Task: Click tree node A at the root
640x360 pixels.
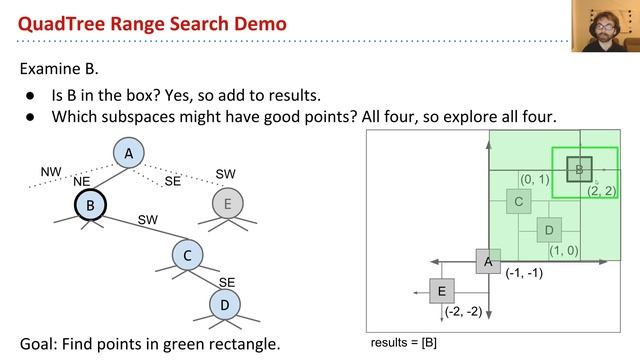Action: click(128, 154)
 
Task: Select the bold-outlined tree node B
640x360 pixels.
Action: click(90, 206)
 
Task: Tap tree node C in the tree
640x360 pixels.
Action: click(187, 255)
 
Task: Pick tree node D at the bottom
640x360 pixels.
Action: click(225, 303)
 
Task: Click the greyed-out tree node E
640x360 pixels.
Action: click(228, 205)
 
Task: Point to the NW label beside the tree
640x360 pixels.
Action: click(51, 172)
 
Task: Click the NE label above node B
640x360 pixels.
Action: click(82, 182)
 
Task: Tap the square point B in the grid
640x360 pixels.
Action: click(579, 170)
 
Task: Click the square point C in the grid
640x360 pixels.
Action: click(518, 202)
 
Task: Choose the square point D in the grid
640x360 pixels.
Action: click(548, 231)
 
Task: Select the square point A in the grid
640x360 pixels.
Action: click(488, 261)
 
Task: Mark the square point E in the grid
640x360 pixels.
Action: click(441, 291)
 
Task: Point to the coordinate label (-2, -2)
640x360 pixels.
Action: click(462, 312)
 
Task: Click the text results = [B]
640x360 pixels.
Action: click(403, 342)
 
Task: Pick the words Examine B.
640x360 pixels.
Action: click(59, 69)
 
